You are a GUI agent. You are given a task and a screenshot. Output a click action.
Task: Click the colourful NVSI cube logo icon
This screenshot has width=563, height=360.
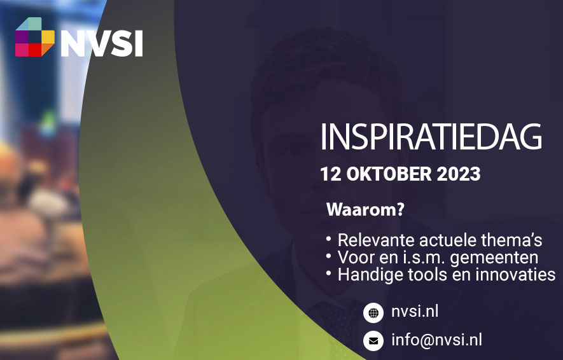[x=35, y=37]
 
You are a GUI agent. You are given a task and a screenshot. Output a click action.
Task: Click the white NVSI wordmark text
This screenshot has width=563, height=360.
[x=102, y=43]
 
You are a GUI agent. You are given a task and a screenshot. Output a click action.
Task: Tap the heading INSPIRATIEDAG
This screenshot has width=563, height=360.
[x=431, y=137]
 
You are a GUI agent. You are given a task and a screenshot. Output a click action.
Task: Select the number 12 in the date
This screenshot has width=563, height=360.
[x=330, y=174]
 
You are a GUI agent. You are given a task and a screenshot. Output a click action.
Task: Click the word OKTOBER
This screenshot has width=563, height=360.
[x=389, y=174]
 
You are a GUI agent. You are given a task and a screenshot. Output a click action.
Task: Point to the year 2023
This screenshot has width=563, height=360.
[x=459, y=174]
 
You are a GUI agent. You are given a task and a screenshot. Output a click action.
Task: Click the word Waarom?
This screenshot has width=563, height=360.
[x=366, y=209]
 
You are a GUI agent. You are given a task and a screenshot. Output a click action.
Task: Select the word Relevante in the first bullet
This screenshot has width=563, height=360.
[x=376, y=240]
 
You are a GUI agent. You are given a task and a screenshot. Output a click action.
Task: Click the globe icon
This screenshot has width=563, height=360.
[x=373, y=313]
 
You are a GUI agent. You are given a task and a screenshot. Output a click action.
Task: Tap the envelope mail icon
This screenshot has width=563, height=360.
[x=373, y=341]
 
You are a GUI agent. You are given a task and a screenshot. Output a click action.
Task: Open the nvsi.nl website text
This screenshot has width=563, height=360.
[x=415, y=311]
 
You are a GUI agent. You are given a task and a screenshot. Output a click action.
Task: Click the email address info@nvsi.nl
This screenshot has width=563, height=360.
[x=436, y=340]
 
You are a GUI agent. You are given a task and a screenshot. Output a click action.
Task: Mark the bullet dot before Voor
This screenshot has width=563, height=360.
[x=328, y=256]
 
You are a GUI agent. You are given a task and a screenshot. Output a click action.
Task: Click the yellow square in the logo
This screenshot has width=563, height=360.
[x=48, y=37]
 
